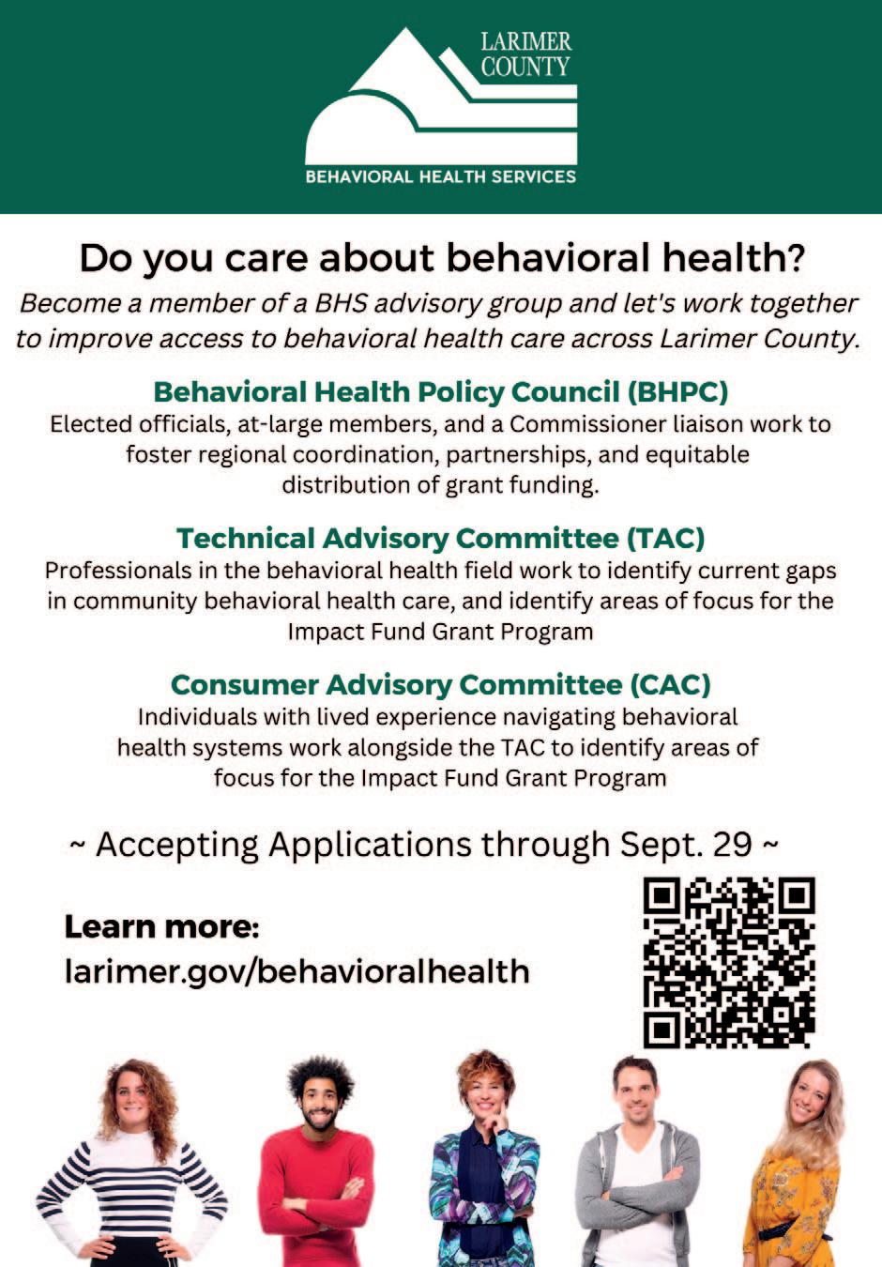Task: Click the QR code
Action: click(728, 962)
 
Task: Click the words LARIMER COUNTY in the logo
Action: click(525, 53)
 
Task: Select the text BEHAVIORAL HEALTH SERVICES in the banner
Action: click(440, 176)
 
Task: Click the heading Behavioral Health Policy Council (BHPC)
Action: click(440, 391)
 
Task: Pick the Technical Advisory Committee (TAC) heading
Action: click(440, 538)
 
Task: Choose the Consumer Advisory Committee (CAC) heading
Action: click(440, 684)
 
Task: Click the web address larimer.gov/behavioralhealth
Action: click(297, 970)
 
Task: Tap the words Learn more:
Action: click(161, 927)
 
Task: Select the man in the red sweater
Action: click(317, 1164)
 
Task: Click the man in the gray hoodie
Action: click(637, 1164)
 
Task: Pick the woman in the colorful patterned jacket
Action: click(484, 1164)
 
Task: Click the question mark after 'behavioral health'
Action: click(795, 258)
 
